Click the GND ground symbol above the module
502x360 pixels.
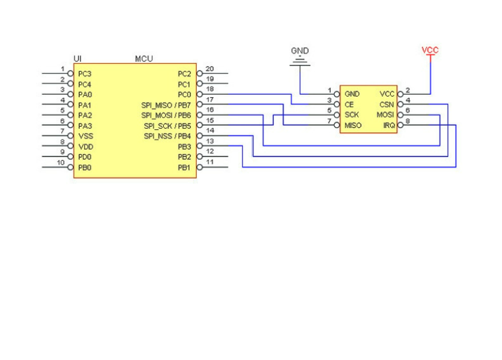point(300,61)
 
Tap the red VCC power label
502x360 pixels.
point(430,50)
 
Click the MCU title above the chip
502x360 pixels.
point(144,59)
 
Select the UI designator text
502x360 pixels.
point(77,59)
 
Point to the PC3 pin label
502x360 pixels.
point(85,74)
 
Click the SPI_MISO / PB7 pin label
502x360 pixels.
point(166,105)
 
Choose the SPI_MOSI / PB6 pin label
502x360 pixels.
point(166,115)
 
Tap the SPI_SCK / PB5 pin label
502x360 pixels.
point(167,126)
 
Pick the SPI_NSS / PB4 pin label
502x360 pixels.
point(167,136)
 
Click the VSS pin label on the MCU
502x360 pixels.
point(85,136)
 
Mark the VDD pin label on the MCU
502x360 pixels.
point(85,147)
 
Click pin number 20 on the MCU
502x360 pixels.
point(210,69)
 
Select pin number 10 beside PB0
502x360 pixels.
point(61,163)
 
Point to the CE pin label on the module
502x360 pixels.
point(349,105)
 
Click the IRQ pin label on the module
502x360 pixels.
point(388,126)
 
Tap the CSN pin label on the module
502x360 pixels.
point(386,105)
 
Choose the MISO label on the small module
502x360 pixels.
point(353,126)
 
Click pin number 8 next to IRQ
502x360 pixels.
point(408,121)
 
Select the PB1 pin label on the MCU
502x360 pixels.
point(184,168)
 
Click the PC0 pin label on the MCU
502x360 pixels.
point(184,95)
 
